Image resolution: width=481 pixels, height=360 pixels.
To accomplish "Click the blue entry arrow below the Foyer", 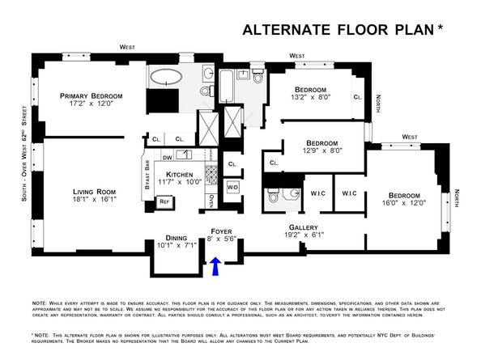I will point(216,267).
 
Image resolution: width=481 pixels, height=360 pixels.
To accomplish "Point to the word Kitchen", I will point(181,174).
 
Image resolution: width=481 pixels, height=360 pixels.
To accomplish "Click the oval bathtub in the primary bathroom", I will point(169,79).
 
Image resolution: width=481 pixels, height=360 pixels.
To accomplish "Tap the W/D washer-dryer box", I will point(232,188).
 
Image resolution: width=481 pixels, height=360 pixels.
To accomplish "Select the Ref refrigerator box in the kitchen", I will point(164,201).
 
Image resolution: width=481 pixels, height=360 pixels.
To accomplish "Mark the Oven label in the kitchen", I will point(211,200).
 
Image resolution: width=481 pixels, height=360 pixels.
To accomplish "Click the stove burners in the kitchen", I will point(209,173).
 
